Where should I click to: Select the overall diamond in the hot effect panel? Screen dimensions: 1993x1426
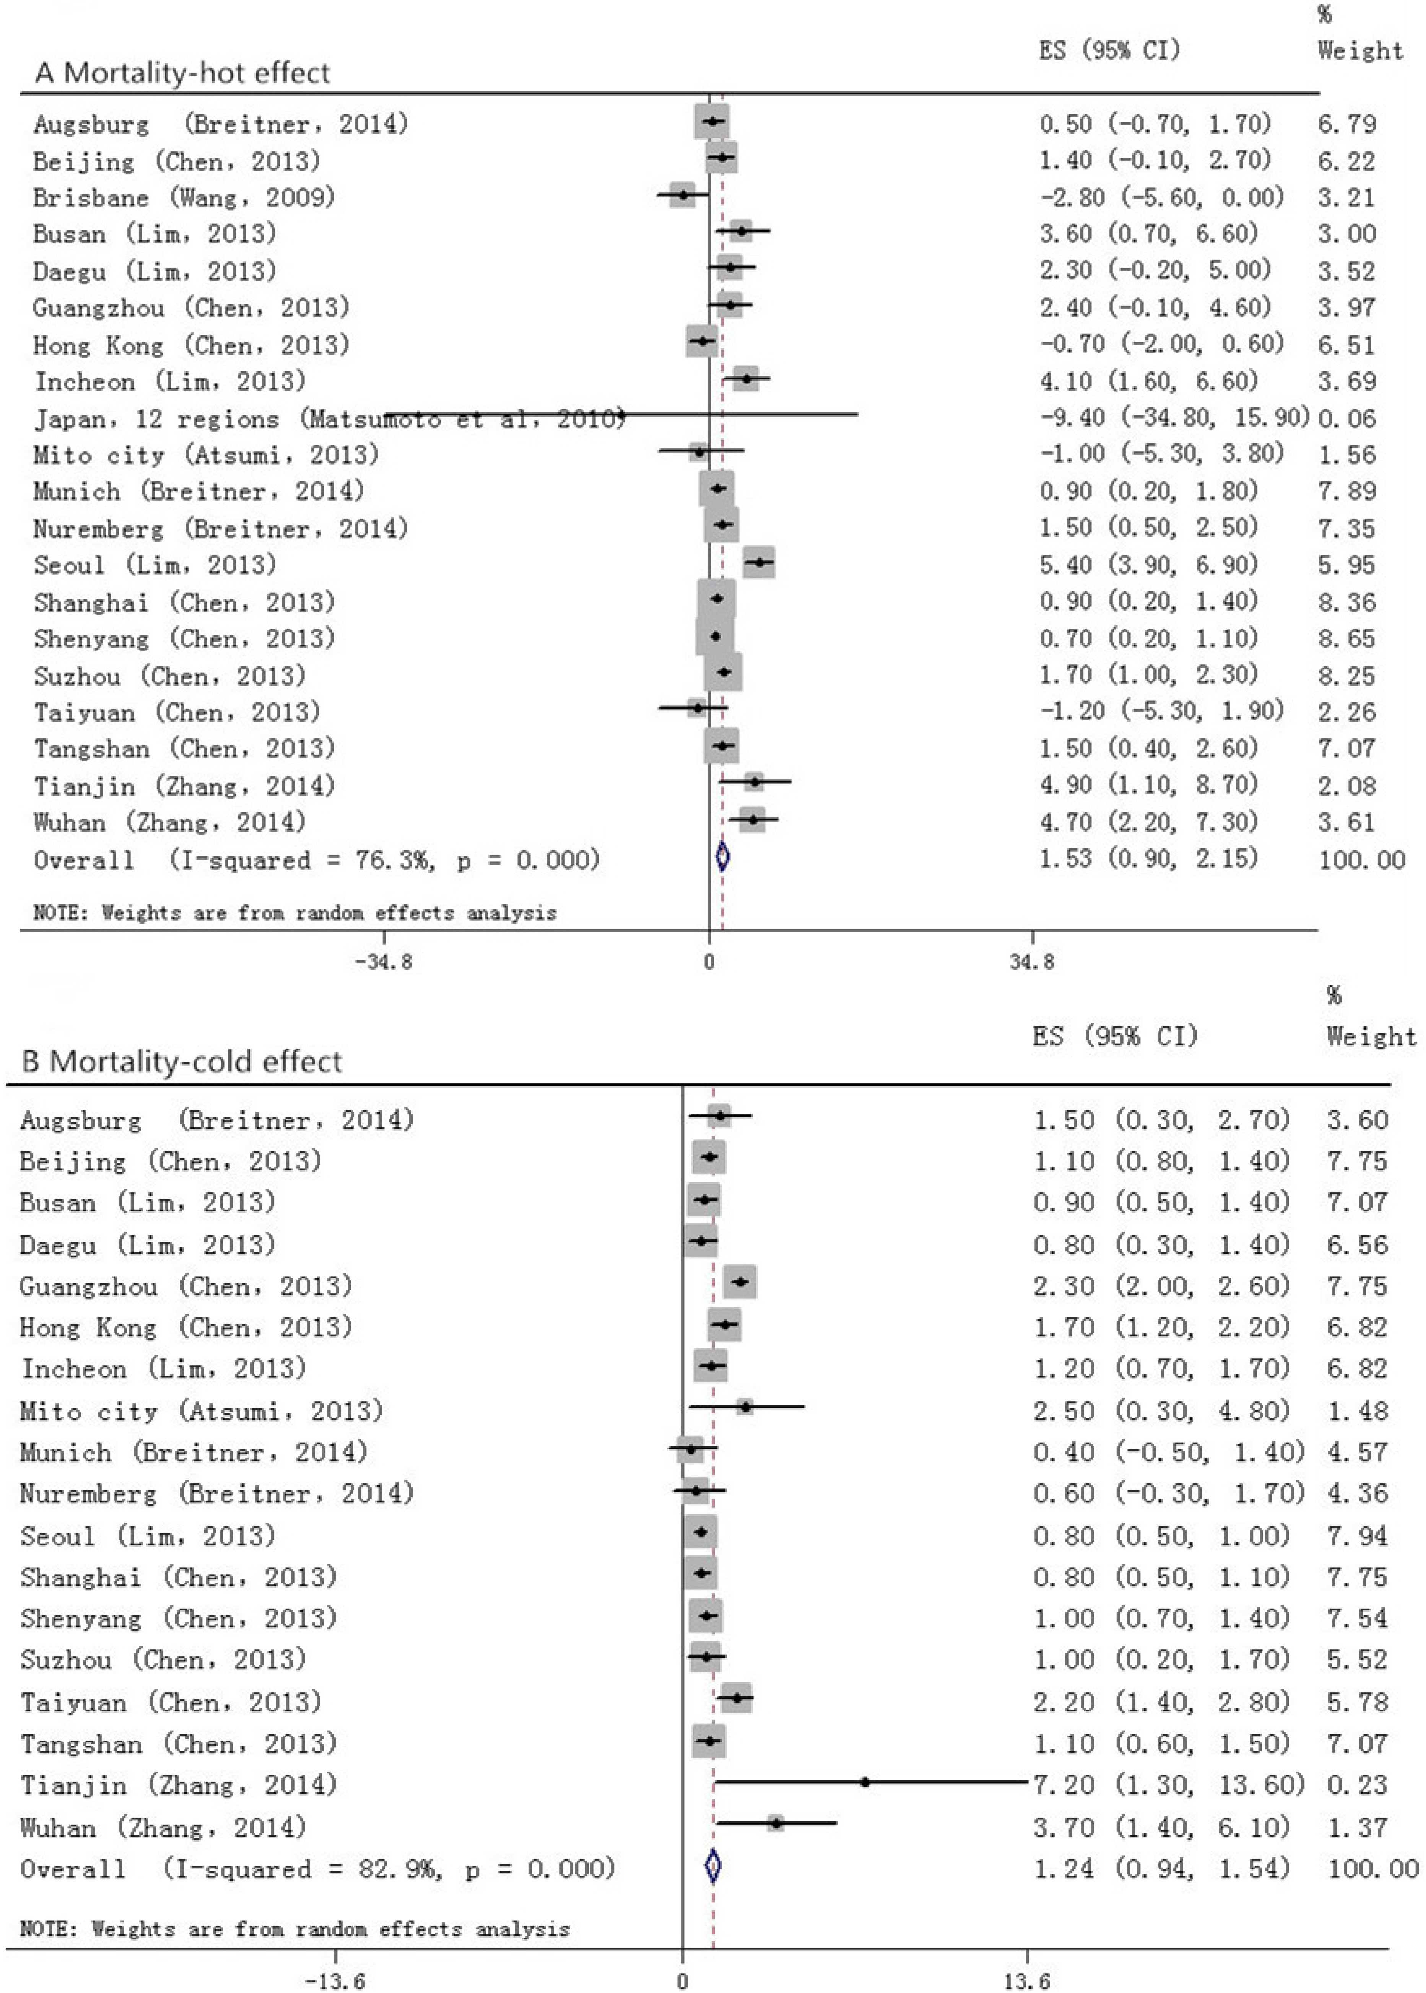point(722,857)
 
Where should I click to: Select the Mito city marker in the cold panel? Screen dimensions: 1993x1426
point(745,1406)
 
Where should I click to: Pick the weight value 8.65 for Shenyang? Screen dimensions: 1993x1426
point(1346,638)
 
